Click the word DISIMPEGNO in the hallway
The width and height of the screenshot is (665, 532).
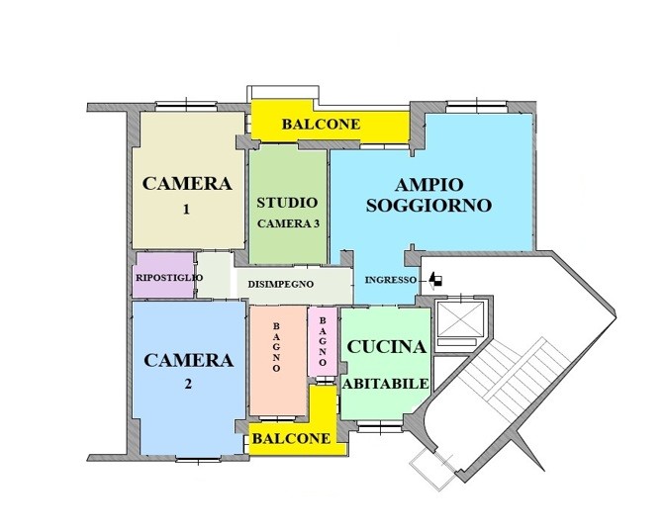(281, 284)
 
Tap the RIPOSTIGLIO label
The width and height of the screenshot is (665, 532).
(169, 278)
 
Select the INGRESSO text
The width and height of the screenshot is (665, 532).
(391, 280)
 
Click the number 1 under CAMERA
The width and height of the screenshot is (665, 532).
(186, 209)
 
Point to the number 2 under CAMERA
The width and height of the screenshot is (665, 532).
(188, 384)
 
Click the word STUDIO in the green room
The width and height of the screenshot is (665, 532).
(287, 203)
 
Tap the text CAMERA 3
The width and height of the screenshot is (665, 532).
(288, 223)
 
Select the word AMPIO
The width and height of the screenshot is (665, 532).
(428, 185)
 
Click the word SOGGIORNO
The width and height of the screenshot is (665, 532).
(428, 206)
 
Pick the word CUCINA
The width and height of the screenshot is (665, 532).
(386, 347)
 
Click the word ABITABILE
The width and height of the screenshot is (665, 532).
(386, 384)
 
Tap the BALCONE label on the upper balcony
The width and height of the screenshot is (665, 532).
(321, 125)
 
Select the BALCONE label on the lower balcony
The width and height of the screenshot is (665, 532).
(291, 438)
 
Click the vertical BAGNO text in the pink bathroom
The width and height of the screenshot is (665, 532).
(323, 342)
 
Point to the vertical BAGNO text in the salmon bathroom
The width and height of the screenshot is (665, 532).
(276, 347)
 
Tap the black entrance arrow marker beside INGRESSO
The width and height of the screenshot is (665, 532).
(435, 281)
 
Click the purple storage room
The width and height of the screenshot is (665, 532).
(163, 275)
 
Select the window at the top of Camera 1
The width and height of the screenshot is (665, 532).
(186, 106)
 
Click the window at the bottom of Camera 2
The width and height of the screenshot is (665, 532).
(198, 459)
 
